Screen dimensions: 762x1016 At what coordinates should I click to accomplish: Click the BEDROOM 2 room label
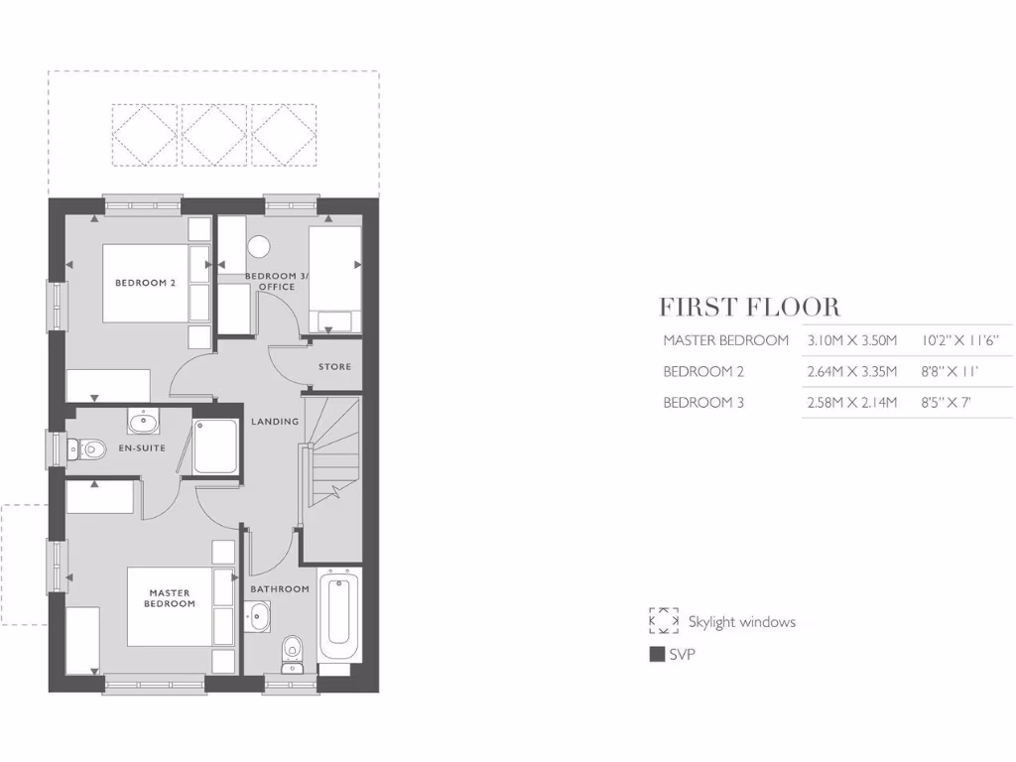pyautogui.click(x=145, y=283)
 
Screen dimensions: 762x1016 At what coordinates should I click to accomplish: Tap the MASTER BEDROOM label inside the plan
pyautogui.click(x=169, y=598)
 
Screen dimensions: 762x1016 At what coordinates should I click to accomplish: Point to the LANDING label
pyautogui.click(x=275, y=422)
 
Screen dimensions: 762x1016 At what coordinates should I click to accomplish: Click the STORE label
pyautogui.click(x=334, y=367)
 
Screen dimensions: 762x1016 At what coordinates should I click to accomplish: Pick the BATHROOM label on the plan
pyautogui.click(x=280, y=589)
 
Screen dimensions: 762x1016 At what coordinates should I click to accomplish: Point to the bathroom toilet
pyautogui.click(x=293, y=652)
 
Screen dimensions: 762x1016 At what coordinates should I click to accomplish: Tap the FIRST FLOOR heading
pyautogui.click(x=749, y=307)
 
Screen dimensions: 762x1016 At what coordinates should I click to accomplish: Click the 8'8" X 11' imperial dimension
pyautogui.click(x=950, y=372)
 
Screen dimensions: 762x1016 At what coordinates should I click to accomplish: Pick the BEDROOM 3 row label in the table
pyautogui.click(x=703, y=403)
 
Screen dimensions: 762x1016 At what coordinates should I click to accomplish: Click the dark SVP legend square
pyautogui.click(x=657, y=655)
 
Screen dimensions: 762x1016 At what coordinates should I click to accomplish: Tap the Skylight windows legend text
pyautogui.click(x=741, y=622)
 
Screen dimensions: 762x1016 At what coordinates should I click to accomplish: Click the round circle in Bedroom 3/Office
pyautogui.click(x=261, y=246)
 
